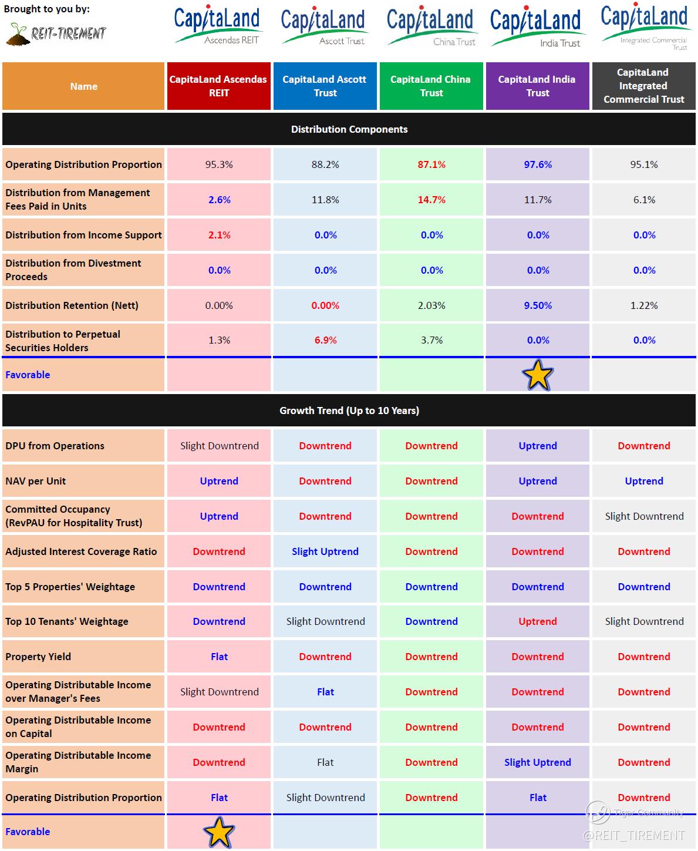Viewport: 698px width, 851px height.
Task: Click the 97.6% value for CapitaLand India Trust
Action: (x=538, y=164)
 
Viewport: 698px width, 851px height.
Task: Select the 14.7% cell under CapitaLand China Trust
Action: (x=431, y=200)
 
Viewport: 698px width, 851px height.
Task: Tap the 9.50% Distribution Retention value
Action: (x=538, y=305)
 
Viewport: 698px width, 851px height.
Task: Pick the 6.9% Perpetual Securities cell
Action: (x=325, y=340)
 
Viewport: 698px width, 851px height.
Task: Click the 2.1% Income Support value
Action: (x=219, y=235)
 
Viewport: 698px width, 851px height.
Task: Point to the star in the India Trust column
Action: (x=538, y=375)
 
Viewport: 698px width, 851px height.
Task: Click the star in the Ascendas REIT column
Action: (x=219, y=832)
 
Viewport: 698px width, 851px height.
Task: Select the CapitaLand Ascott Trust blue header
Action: (x=325, y=86)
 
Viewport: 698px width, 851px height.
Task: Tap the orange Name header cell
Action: (x=83, y=86)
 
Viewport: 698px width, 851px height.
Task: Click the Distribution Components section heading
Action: (x=349, y=129)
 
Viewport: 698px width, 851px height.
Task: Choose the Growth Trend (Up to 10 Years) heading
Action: (x=349, y=411)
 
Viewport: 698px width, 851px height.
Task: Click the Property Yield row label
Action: (x=38, y=657)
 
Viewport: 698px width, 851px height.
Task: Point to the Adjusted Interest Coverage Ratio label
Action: (x=81, y=551)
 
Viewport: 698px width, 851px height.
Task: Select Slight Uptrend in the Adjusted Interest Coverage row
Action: (x=325, y=551)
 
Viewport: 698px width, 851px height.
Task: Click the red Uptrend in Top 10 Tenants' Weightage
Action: (x=538, y=621)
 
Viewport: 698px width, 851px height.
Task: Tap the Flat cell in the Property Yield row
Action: (x=219, y=657)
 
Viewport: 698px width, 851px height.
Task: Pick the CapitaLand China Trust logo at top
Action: (x=430, y=26)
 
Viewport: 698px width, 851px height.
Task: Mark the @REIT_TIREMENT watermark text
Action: (x=633, y=835)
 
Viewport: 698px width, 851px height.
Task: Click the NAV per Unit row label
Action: (x=36, y=481)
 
